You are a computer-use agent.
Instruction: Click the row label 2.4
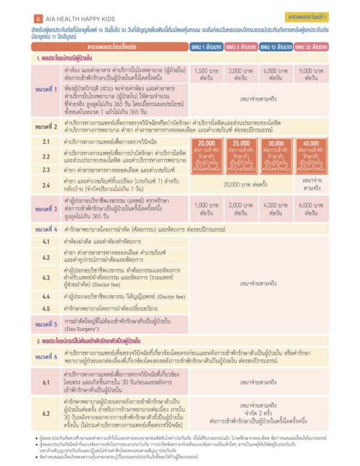coord(46,185)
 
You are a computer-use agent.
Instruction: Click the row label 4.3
coord(46,278)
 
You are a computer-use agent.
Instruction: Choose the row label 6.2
coord(46,413)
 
